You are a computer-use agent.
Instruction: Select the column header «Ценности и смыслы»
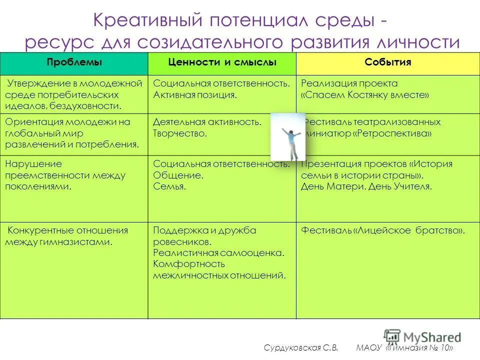tap(222, 62)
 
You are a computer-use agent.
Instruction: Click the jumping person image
tap(287, 136)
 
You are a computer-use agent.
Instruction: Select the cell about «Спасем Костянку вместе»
tap(365, 95)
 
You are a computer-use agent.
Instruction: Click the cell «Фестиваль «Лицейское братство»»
tap(383, 230)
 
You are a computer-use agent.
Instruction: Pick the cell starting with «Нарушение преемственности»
tap(65, 175)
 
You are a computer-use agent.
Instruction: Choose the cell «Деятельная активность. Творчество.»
tap(207, 127)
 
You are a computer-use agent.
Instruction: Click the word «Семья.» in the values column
tap(169, 186)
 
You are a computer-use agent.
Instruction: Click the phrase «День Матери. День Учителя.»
tap(366, 186)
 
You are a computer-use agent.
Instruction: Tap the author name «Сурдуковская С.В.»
tap(301, 348)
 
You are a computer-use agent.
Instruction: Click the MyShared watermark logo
tap(422, 336)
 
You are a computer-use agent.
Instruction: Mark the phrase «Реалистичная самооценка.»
tap(219, 253)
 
